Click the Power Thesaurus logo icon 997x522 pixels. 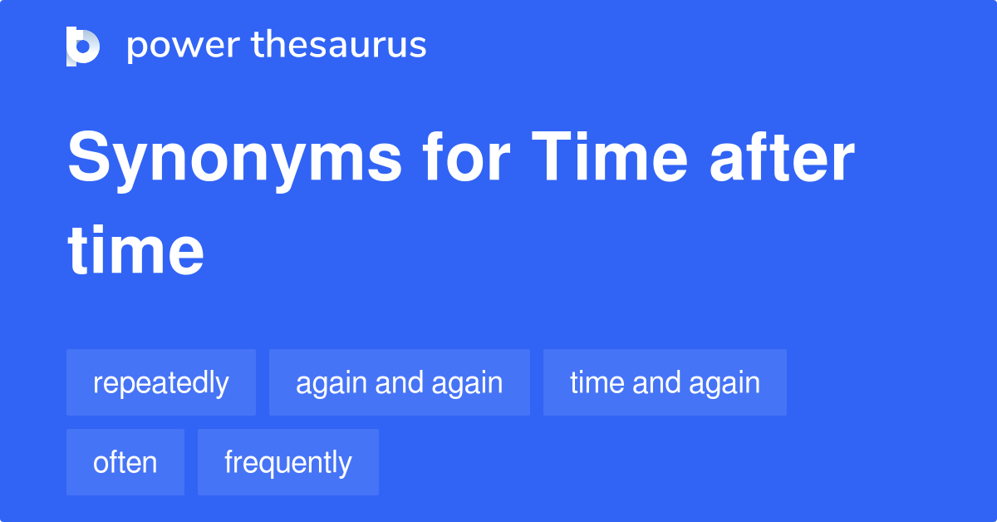click(x=83, y=46)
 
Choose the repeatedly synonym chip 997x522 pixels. click(x=161, y=382)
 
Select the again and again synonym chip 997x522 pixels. click(x=400, y=382)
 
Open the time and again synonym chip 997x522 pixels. click(x=665, y=382)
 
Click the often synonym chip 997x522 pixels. click(x=125, y=462)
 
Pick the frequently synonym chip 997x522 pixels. click(x=288, y=462)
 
